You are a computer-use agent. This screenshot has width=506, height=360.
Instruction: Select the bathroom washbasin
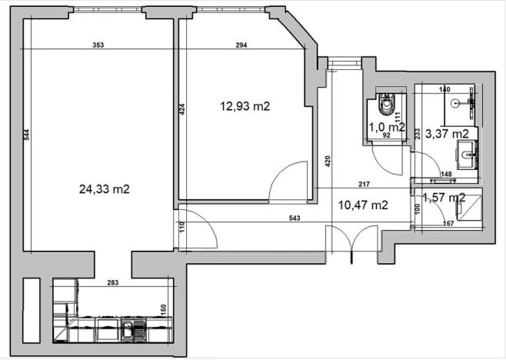[x=466, y=155]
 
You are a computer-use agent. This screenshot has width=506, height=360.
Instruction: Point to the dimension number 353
[x=98, y=45]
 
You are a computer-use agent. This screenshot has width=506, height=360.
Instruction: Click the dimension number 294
[x=241, y=45]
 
